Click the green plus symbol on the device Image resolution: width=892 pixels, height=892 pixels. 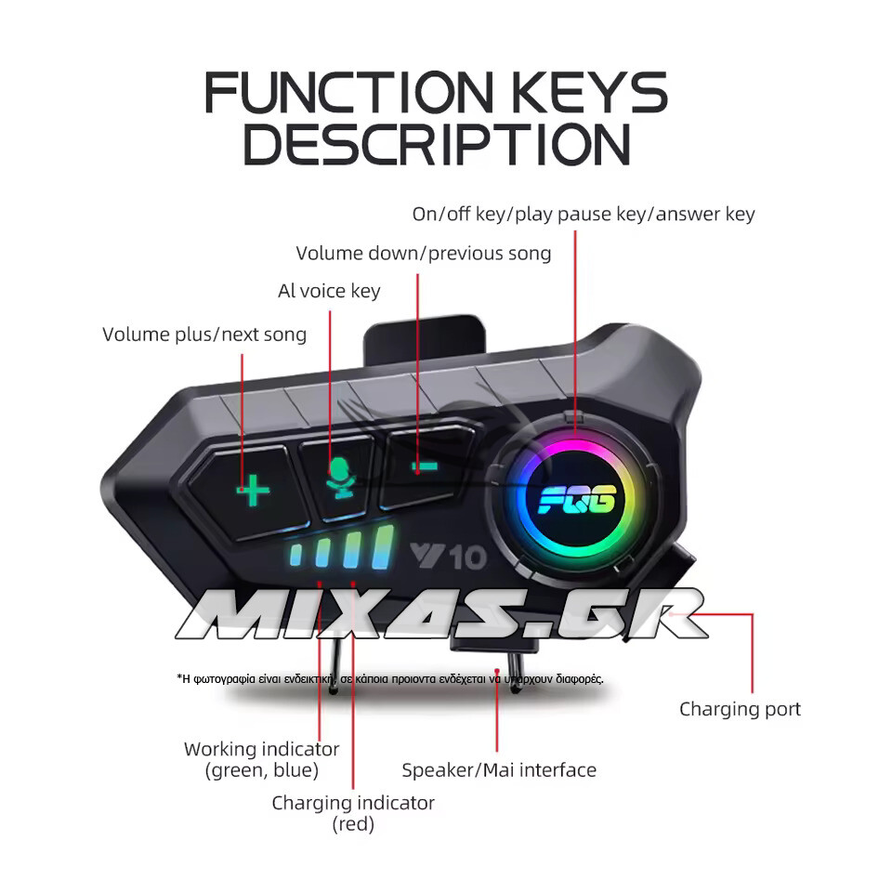coord(253,490)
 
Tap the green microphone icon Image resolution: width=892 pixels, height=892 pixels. coord(340,479)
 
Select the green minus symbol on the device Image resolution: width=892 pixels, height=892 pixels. coord(425,467)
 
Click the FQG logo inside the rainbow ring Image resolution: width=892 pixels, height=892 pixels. coord(577,500)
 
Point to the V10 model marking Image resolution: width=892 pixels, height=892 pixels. coord(448,557)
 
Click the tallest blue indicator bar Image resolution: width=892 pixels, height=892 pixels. coord(382,547)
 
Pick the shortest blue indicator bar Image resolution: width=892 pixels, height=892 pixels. coord(296,556)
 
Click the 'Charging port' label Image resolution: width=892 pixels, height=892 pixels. coord(740,709)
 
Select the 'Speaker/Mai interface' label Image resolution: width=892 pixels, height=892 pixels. coord(499,769)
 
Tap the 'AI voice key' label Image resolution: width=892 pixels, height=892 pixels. coord(329,291)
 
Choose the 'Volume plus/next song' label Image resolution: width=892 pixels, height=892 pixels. coord(204,334)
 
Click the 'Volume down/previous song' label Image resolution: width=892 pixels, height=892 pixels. coord(424,253)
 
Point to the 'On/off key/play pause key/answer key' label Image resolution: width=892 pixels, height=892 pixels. coord(584,214)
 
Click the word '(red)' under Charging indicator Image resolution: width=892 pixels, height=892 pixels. coord(353,824)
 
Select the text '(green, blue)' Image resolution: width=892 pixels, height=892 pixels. coord(262,770)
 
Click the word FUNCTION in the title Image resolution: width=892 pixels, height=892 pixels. coord(348,92)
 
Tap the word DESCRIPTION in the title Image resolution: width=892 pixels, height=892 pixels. coord(437,145)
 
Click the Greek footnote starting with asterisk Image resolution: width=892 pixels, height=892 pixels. coord(390,678)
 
